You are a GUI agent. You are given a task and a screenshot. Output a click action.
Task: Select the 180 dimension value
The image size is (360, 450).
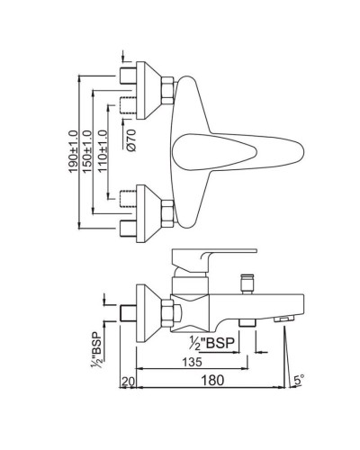[x=211, y=382]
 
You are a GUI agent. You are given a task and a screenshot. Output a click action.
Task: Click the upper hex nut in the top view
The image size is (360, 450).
[x=167, y=89]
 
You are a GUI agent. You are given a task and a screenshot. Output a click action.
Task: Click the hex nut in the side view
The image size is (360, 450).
[x=167, y=310]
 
